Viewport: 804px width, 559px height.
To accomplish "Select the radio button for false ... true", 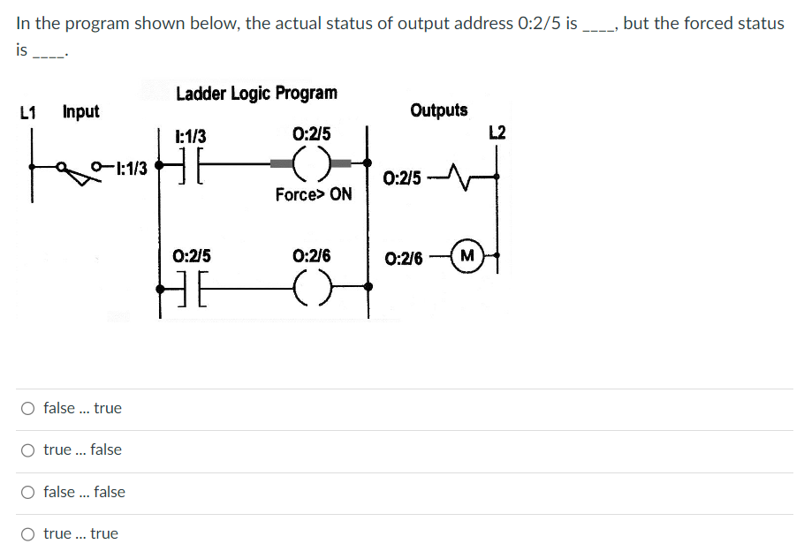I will tap(29, 408).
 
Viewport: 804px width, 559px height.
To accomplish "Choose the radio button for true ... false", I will tap(29, 449).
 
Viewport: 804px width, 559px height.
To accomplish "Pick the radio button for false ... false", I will tap(29, 492).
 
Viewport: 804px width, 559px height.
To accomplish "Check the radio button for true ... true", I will tap(29, 533).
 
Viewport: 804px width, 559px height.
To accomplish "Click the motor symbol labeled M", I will tap(466, 258).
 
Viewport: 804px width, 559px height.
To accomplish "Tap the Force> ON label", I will tap(313, 194).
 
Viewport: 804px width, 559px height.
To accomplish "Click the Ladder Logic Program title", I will tap(256, 93).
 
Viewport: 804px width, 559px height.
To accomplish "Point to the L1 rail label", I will tap(27, 112).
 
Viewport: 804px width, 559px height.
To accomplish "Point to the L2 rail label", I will tap(497, 133).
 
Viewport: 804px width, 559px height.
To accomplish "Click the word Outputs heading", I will tap(439, 110).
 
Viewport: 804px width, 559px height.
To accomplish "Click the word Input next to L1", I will tap(80, 112).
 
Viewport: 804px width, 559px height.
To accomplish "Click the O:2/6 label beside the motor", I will tap(404, 260).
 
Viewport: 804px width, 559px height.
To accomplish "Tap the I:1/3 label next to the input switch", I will tap(130, 165).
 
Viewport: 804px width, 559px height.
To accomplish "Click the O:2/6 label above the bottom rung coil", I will tap(311, 256).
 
